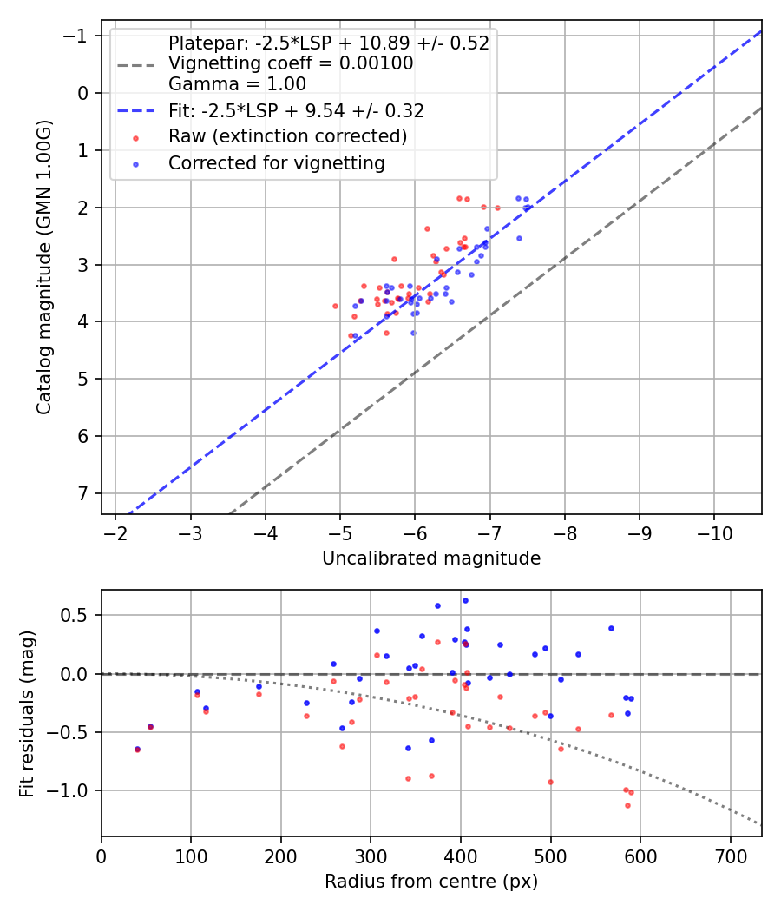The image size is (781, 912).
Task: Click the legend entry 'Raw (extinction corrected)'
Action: [287, 136]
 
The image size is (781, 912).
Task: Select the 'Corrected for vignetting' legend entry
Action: [277, 162]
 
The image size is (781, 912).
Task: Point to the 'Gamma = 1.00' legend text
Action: [237, 84]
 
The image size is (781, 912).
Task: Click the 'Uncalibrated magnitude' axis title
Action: [431, 558]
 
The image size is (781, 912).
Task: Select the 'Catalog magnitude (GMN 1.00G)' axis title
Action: [44, 268]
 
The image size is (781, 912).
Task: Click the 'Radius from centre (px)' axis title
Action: [431, 882]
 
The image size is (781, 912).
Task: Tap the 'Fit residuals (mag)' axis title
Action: [27, 713]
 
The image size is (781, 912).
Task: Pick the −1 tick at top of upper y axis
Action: [80, 36]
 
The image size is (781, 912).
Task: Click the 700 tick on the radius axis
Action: [730, 856]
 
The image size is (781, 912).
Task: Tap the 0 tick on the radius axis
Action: [102, 856]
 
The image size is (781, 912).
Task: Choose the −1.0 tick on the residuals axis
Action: [75, 790]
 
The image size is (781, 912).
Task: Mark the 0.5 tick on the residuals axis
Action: [80, 615]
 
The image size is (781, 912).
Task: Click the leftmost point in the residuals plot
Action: [137, 749]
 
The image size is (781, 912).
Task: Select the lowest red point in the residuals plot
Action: [627, 805]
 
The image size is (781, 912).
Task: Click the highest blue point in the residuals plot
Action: [465, 600]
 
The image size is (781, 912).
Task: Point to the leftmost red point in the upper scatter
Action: [335, 306]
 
